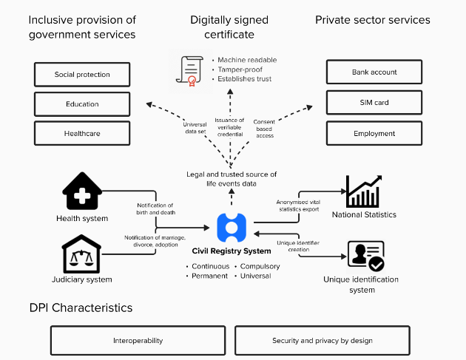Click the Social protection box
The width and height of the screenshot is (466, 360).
pyautogui.click(x=82, y=75)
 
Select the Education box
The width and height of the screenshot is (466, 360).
pyautogui.click(x=82, y=104)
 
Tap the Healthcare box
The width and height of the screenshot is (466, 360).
pyautogui.click(x=82, y=133)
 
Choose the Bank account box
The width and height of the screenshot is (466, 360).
pyautogui.click(x=374, y=72)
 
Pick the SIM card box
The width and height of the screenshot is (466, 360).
pyautogui.click(x=374, y=102)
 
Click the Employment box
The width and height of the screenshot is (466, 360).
pyautogui.click(x=374, y=133)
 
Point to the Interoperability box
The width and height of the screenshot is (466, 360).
pyautogui.click(x=139, y=341)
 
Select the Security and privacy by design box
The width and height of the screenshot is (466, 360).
pyautogui.click(x=322, y=341)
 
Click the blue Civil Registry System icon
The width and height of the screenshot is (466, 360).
pyautogui.click(x=232, y=228)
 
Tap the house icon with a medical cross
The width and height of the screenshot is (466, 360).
pyautogui.click(x=82, y=192)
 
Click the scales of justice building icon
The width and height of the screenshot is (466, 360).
pyautogui.click(x=82, y=254)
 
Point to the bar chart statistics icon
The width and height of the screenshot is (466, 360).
pyautogui.click(x=363, y=191)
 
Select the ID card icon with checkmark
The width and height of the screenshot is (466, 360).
pyautogui.click(x=365, y=256)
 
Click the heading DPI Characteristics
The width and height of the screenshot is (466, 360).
pyautogui.click(x=81, y=308)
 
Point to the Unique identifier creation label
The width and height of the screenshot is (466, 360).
pyautogui.click(x=298, y=245)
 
